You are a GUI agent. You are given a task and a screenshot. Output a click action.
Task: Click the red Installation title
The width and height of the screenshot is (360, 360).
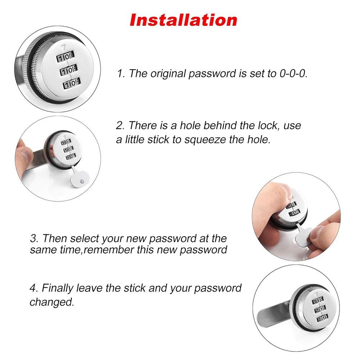(x=184, y=20)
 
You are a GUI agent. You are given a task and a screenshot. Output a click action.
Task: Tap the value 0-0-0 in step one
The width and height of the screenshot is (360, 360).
(x=293, y=73)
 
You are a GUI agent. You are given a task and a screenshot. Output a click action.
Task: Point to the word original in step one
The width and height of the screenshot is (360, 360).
(x=169, y=73)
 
